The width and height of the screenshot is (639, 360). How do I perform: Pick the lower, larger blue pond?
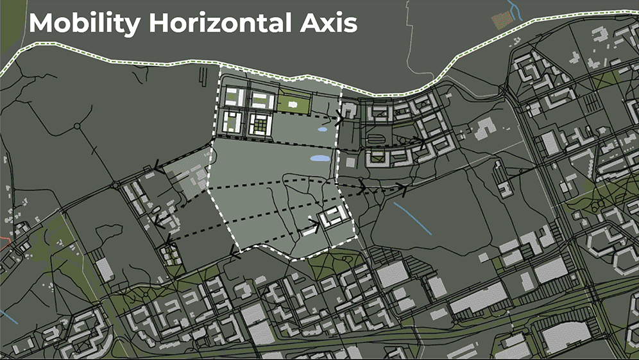(319, 157)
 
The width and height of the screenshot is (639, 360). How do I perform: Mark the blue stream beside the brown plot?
(513, 7)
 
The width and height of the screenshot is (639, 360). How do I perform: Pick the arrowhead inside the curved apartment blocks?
(420, 139)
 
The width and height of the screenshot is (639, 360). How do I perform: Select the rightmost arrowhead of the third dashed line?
(403, 187)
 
